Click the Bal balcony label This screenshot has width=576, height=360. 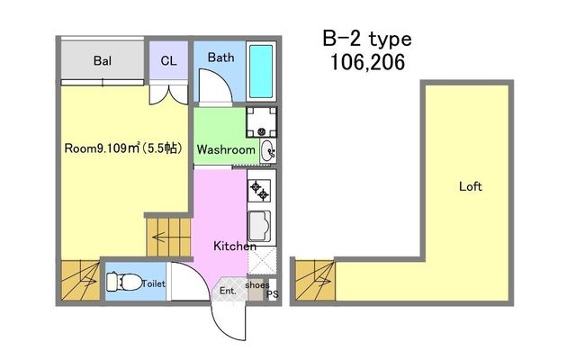click(103, 60)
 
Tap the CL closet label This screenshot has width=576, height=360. click(168, 60)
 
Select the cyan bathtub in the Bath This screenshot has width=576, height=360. click(261, 71)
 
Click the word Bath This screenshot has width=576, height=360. click(220, 58)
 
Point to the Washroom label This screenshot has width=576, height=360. click(226, 149)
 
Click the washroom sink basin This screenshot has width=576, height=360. click(268, 150)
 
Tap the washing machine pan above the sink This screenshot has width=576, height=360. click(261, 122)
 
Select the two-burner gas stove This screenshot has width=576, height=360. click(259, 191)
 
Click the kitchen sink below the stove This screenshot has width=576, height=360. click(259, 227)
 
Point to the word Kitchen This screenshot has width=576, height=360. click(235, 246)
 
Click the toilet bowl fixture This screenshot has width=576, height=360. click(124, 282)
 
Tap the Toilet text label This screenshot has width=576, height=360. click(154, 283)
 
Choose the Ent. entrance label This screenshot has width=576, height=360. click(228, 291)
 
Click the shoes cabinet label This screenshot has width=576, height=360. click(257, 284)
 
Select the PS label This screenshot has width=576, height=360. click(272, 294)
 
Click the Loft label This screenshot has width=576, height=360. click(471, 186)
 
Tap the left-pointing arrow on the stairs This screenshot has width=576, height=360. click(158, 238)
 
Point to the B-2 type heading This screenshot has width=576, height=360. click(367, 39)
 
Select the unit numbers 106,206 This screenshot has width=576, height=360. click(368, 62)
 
